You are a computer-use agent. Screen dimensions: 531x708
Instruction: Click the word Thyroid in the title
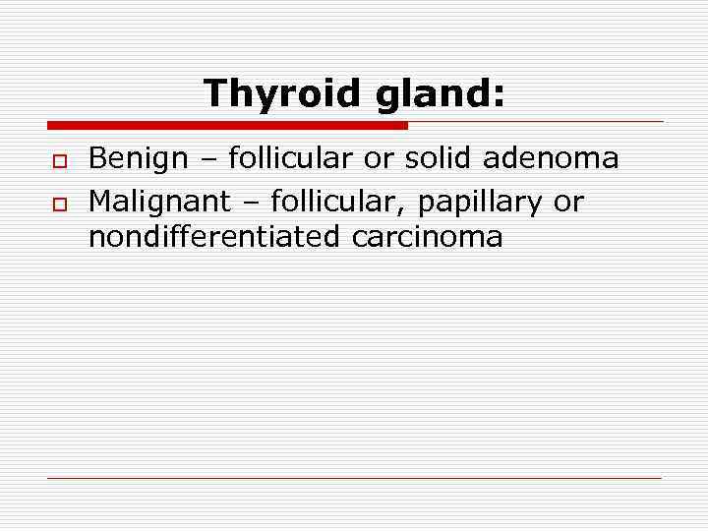pos(282,94)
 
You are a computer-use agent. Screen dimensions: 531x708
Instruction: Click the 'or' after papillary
pos(568,204)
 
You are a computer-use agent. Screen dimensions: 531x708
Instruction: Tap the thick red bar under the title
pos(227,125)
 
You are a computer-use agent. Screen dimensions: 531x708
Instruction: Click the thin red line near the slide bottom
pos(354,478)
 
